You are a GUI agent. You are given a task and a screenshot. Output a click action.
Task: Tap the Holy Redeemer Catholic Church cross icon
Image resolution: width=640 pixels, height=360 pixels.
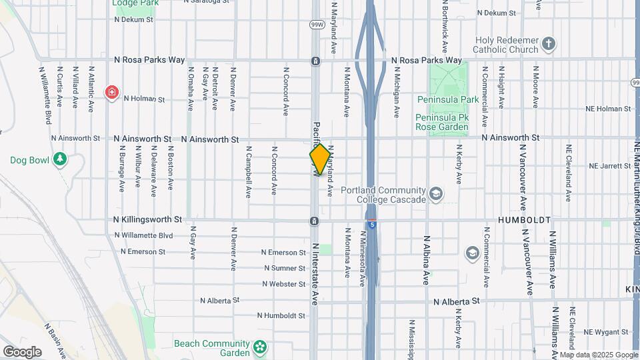[x=549, y=44]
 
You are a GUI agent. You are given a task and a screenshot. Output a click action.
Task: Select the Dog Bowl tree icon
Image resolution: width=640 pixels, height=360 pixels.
[x=61, y=159]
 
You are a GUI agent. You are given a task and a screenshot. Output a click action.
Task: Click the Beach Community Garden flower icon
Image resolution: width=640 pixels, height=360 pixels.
[x=259, y=347]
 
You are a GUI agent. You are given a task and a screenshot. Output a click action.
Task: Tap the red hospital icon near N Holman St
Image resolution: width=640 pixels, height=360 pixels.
[x=111, y=92]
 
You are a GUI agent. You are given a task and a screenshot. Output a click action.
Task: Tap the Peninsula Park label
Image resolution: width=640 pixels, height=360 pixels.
[x=448, y=99]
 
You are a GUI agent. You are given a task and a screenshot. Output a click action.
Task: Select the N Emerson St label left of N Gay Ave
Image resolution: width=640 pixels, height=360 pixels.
[x=143, y=251]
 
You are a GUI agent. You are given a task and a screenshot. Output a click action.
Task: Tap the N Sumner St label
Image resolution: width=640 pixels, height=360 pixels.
[x=284, y=268]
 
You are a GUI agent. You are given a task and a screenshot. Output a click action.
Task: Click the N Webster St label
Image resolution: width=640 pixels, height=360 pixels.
[x=283, y=284]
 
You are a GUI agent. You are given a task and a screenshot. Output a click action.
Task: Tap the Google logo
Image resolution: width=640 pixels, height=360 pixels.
[x=22, y=352]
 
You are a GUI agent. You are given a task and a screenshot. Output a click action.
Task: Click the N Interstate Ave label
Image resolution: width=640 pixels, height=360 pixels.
[x=315, y=273]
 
